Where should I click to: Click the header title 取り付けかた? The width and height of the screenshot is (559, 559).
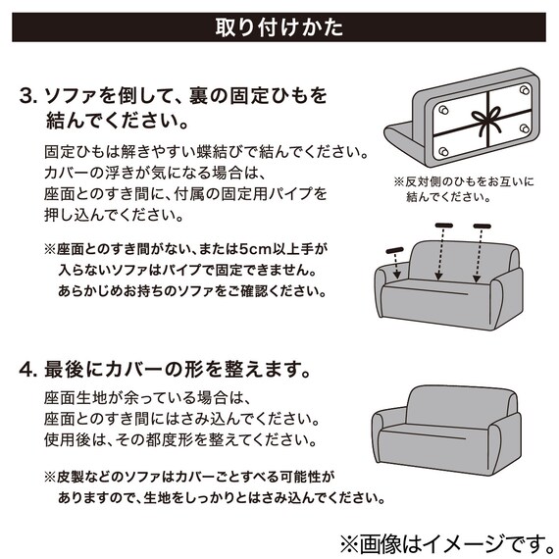coord(279,26)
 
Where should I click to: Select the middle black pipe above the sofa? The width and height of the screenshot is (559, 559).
coord(445,227)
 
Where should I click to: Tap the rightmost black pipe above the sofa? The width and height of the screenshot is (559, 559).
coord(482,227)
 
